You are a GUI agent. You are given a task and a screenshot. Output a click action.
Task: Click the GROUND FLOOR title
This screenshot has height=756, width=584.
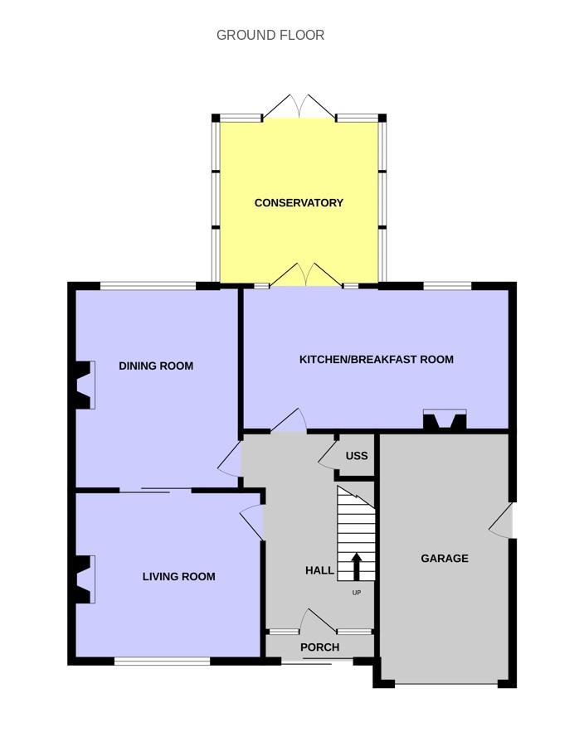click(270, 35)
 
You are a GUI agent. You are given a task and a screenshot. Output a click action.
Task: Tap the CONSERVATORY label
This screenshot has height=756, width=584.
click(299, 203)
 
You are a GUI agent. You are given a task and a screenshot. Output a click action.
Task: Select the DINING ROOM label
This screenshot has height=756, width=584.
click(156, 366)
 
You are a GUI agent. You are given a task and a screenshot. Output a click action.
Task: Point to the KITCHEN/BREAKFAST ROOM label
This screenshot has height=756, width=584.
click(377, 360)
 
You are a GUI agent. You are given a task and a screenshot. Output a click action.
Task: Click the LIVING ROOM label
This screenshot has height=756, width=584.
click(178, 577)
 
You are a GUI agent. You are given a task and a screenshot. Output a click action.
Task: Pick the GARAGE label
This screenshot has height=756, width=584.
click(445, 559)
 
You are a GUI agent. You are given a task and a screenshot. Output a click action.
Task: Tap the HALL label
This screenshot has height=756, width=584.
click(319, 570)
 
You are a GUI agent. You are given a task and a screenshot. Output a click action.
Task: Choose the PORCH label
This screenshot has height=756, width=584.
click(319, 647)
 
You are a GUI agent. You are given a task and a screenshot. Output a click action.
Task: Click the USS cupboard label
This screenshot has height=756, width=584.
click(357, 456)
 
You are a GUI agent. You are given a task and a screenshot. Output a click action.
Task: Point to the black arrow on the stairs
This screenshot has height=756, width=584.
click(356, 566)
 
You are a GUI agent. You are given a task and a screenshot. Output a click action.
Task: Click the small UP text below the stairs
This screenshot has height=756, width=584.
click(356, 593)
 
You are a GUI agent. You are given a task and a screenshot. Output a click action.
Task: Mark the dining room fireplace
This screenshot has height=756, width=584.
click(84, 385)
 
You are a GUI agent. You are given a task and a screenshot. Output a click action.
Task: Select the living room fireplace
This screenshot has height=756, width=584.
click(84, 579)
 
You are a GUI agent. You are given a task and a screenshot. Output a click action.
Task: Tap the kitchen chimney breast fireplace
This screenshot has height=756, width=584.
click(445, 419)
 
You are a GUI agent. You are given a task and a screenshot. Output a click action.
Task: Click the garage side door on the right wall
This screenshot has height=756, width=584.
click(502, 521)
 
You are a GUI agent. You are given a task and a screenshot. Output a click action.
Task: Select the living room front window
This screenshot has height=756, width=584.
click(162, 661)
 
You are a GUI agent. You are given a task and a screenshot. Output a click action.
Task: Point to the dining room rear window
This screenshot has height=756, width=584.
click(148, 286)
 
